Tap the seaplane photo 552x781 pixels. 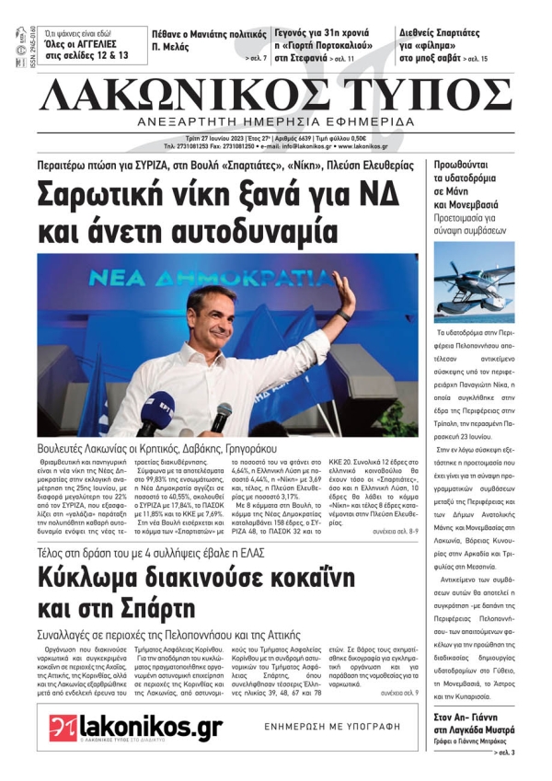click(475, 281)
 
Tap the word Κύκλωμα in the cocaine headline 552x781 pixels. click(102, 578)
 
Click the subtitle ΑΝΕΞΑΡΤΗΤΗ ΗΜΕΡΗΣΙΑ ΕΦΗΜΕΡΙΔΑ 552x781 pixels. click(275, 122)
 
